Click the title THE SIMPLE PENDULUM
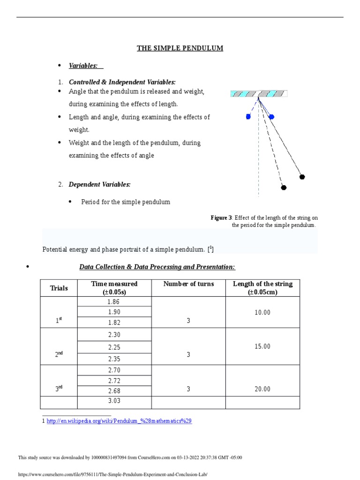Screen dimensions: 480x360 [x=180, y=48]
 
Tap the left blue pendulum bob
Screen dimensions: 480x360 [x=248, y=117]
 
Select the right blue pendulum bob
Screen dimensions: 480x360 [x=271, y=117]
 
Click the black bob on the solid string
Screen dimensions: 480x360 [x=302, y=177]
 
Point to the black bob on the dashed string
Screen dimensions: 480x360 [x=284, y=187]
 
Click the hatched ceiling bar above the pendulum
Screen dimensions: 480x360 [x=259, y=94]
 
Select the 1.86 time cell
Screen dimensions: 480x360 [x=114, y=302]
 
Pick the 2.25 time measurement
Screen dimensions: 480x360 [x=114, y=347]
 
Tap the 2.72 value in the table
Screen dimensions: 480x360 [x=114, y=380]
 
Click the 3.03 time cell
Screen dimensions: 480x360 [x=114, y=400]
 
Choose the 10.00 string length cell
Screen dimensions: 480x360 [x=262, y=312]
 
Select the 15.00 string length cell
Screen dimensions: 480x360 [x=262, y=346]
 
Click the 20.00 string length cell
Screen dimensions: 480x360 [x=262, y=389]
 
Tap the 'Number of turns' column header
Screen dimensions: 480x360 [x=188, y=284]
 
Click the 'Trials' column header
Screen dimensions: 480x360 [x=59, y=288]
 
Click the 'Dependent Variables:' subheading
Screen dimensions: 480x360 [x=99, y=185]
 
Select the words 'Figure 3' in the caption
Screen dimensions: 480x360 [x=221, y=218]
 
